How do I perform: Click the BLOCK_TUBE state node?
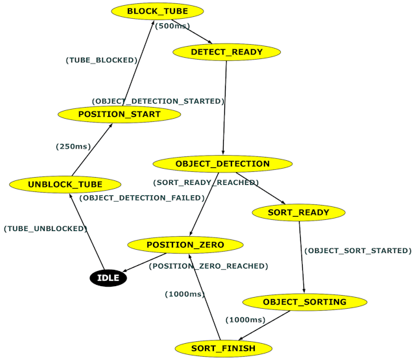[x=158, y=12]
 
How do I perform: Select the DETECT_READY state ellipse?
[x=226, y=52]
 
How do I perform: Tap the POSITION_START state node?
[x=119, y=114]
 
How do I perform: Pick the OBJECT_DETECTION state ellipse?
[x=222, y=163]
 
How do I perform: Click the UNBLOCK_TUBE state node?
[x=65, y=184]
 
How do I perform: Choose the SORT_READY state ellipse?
[x=298, y=212]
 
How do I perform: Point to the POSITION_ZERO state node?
[x=185, y=245]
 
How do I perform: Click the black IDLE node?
[x=108, y=278]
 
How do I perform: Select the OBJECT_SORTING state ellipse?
[x=304, y=302]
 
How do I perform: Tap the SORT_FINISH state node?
[x=222, y=348]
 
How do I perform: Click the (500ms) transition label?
[x=172, y=27]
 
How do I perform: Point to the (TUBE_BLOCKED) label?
[x=102, y=60]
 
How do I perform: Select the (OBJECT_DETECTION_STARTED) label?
[x=158, y=101]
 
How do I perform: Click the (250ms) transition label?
[x=73, y=147]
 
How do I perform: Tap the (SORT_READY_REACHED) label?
[x=206, y=182]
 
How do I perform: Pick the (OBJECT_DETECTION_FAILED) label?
[x=142, y=198]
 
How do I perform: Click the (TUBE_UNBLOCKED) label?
[x=45, y=228]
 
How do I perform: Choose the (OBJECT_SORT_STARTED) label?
[x=358, y=250]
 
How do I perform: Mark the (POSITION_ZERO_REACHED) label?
[x=208, y=266]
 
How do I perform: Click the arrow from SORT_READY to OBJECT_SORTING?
[x=301, y=257]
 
